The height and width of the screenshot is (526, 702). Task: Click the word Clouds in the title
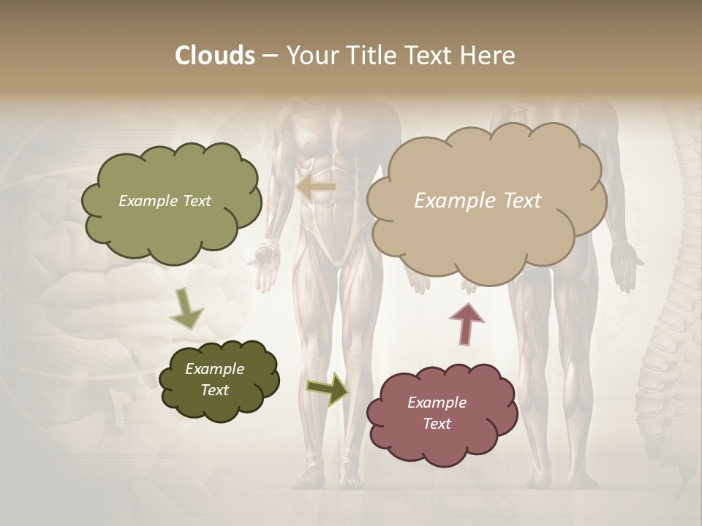[214, 56]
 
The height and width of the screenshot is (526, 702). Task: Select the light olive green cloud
[170, 202]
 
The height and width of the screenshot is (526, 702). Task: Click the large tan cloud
[486, 201]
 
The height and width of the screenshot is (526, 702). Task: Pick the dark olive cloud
[218, 380]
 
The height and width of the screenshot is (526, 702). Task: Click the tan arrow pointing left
[317, 188]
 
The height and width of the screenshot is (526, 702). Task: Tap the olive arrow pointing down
[186, 308]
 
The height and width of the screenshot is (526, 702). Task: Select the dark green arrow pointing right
[328, 388]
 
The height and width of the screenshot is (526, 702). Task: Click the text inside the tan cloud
[478, 201]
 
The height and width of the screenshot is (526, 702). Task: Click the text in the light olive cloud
[165, 201]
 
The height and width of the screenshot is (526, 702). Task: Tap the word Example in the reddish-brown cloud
[437, 403]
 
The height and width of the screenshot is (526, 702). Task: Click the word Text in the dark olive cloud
[214, 390]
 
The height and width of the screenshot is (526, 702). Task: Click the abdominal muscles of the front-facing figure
[341, 175]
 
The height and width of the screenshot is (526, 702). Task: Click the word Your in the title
[312, 56]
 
